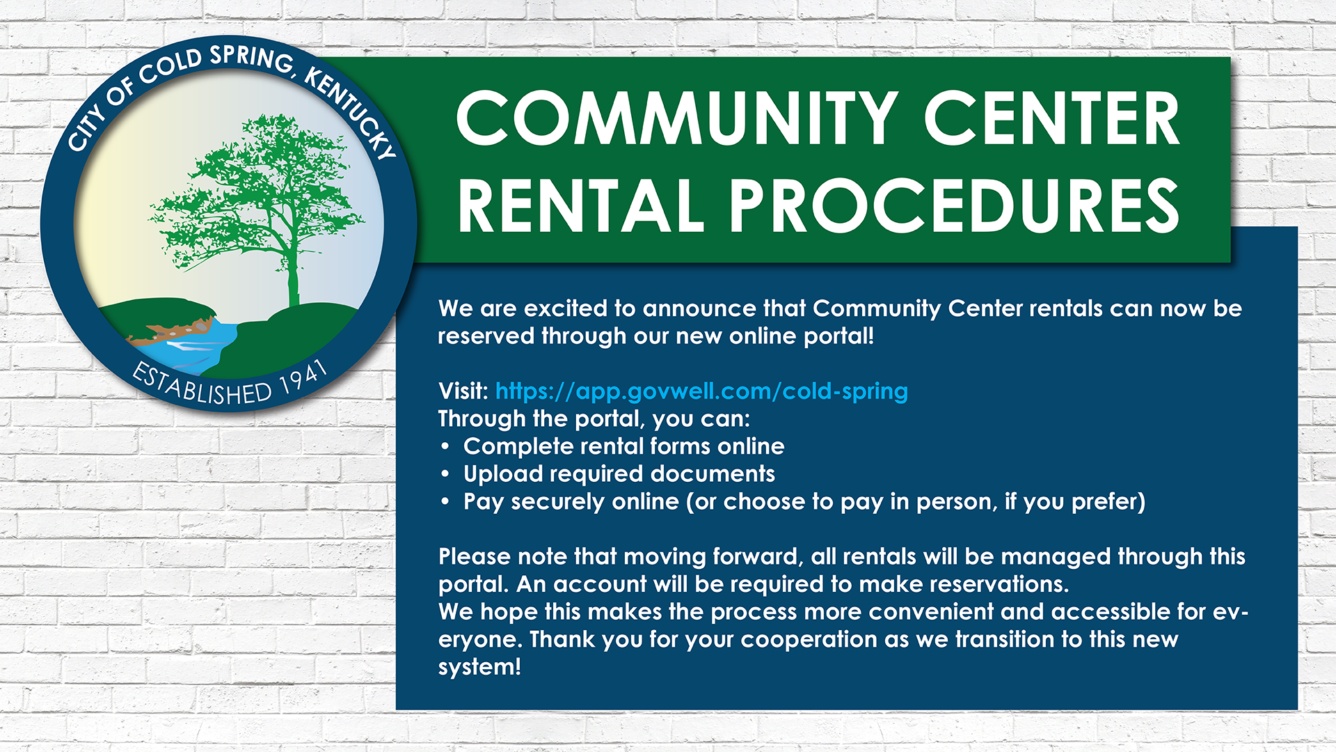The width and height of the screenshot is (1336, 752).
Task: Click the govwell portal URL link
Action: [x=701, y=392]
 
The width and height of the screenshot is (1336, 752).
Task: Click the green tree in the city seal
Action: [x=261, y=209]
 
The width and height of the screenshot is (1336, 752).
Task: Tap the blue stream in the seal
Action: [x=195, y=345]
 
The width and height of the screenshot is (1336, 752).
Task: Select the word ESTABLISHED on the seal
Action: [x=202, y=385]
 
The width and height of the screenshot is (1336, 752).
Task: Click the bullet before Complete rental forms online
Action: [x=445, y=447]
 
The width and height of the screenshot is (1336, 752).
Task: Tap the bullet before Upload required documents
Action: [x=445, y=475]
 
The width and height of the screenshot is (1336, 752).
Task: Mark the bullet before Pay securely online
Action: [x=445, y=502]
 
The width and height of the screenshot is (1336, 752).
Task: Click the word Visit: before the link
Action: [x=463, y=391]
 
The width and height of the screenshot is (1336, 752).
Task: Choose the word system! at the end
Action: [x=479, y=667]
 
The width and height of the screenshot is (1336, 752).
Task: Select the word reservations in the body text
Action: [x=999, y=584]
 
